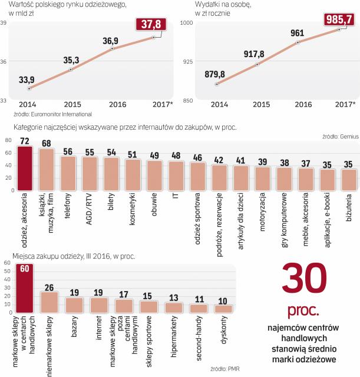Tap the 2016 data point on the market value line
[x=113, y=49]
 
